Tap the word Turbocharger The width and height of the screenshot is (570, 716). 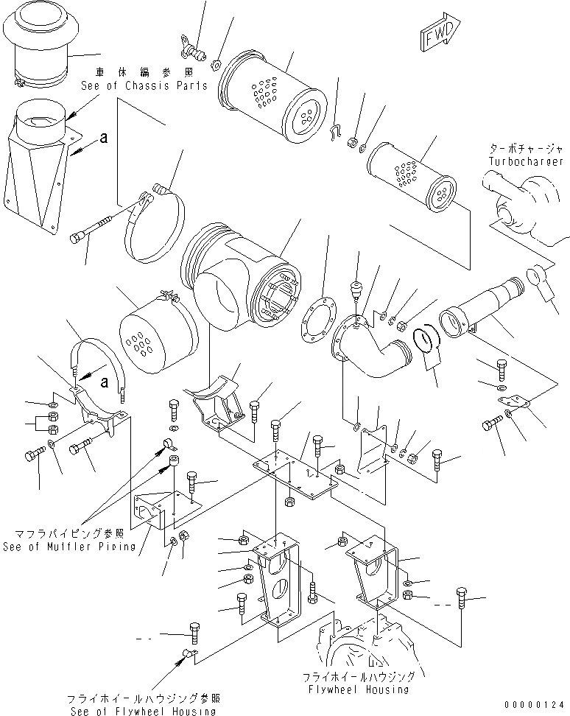(525, 161)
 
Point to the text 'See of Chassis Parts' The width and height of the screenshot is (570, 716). (144, 85)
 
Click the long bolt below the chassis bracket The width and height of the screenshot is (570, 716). (92, 228)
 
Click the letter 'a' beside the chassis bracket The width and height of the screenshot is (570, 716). (105, 137)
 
